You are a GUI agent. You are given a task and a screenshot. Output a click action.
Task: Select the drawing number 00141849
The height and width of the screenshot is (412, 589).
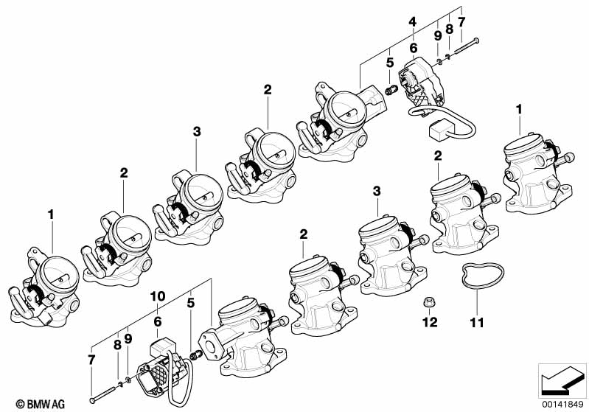562,403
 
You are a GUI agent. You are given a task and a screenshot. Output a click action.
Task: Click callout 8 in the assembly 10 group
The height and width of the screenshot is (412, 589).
117,343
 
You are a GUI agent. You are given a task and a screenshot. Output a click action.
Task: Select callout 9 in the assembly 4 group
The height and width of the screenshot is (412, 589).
437,35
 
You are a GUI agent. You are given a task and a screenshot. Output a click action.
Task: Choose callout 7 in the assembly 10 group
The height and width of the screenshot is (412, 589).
91,359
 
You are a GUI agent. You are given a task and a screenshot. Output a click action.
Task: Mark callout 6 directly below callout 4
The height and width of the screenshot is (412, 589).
413,47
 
